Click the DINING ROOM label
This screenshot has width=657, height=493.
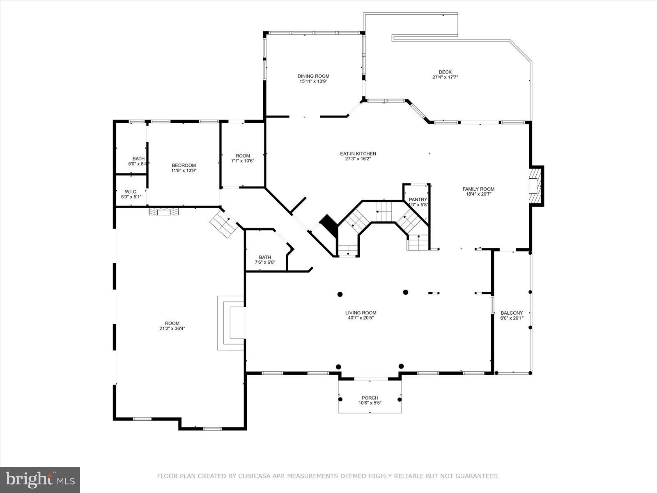tap(313, 76)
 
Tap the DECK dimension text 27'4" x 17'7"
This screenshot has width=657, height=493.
tap(445, 77)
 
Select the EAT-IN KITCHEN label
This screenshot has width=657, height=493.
tap(358, 154)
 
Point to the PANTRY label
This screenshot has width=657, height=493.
tap(418, 200)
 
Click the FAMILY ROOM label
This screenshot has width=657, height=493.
tap(478, 189)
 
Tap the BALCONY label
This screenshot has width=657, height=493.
tap(512, 313)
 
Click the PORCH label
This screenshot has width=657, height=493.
tap(370, 398)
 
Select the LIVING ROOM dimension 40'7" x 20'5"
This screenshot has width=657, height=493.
tap(361, 318)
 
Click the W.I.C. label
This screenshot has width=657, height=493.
tap(131, 191)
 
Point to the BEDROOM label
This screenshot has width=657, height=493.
tap(184, 165)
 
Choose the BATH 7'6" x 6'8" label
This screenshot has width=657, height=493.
tap(265, 258)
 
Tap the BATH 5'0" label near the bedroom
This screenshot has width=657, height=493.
tap(138, 159)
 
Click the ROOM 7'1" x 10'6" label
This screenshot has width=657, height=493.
tap(243, 156)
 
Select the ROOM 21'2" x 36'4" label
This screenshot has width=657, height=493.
tap(172, 323)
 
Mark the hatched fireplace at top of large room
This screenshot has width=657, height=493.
tap(164, 212)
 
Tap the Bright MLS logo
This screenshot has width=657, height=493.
tap(40, 479)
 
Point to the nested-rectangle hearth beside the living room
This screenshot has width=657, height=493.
tap(231, 323)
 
